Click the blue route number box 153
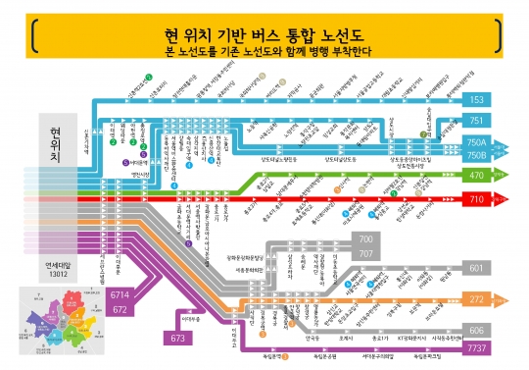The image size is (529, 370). (477, 99)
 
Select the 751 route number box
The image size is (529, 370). (477, 120)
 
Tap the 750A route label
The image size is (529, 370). (477, 142)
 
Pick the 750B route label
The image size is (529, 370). (477, 155)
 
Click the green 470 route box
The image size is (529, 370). (477, 176)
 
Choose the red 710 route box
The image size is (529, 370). (477, 199)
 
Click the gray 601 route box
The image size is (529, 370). (477, 268)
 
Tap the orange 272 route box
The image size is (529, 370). (477, 298)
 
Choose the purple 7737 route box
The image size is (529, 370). (477, 348)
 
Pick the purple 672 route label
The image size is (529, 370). (120, 309)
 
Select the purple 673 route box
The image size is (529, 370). (177, 339)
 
